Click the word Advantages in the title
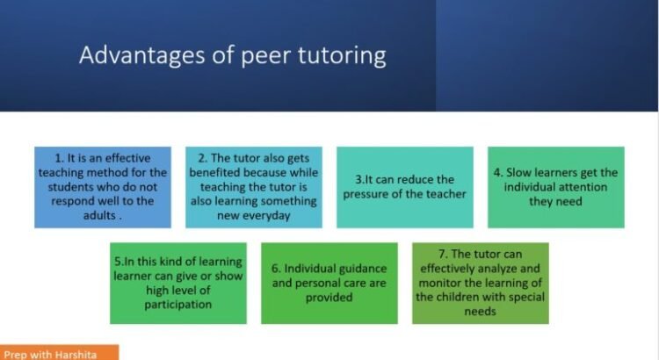[x=142, y=55]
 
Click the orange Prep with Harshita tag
[x=59, y=352]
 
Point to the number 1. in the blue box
[x=59, y=158]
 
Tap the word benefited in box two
[x=214, y=173]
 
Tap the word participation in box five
[x=178, y=305]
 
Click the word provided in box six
[x=329, y=298]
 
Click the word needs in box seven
[x=480, y=312]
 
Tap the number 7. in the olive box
[x=444, y=254]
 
